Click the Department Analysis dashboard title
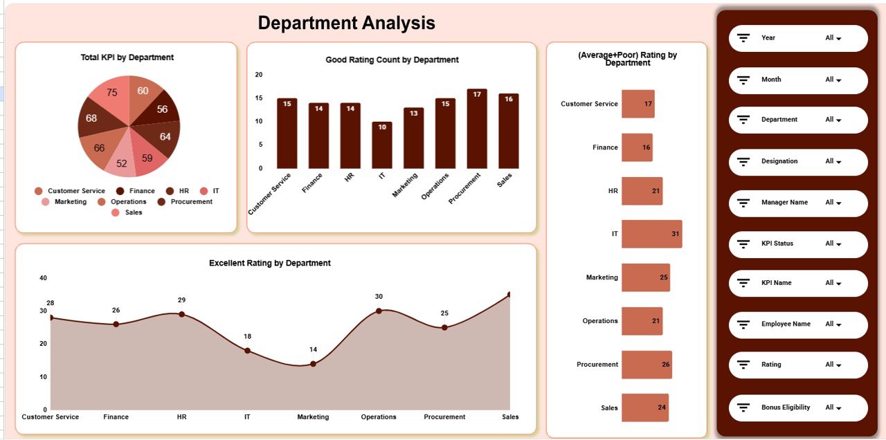pos(346,23)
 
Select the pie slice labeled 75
pos(110,95)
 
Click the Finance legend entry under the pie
pos(136,191)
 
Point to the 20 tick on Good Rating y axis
pos(259,75)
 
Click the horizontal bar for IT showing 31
pos(651,234)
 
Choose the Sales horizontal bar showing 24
pos(644,407)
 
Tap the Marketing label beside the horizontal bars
pos(602,277)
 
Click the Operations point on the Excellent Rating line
pos(379,311)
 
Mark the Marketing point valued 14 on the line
pos(313,364)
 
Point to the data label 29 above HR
pos(181,300)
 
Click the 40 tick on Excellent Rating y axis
pos(43,278)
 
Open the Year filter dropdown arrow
pos(839,39)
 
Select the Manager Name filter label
pos(784,203)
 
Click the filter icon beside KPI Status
pos(744,244)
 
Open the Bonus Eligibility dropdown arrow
pos(839,408)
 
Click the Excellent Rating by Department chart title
pos(270,263)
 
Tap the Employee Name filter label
pos(786,324)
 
